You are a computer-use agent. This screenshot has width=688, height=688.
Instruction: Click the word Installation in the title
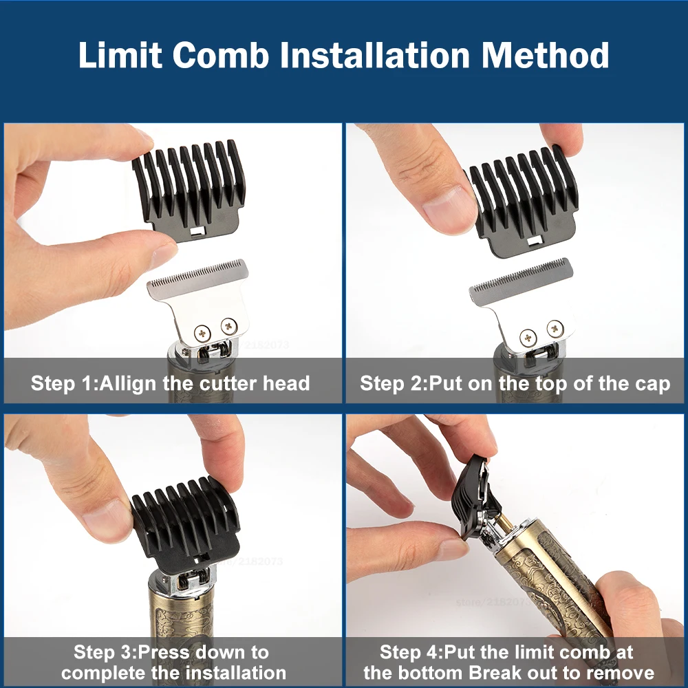tap(379, 55)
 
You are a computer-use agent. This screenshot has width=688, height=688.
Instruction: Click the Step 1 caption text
tap(170, 383)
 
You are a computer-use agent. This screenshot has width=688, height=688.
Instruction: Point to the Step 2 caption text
tap(515, 383)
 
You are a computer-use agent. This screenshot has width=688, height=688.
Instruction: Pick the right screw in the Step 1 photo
tap(228, 327)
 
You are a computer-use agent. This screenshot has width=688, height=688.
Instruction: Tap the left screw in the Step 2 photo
tap(528, 336)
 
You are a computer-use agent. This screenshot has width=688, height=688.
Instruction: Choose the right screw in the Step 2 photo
tap(554, 328)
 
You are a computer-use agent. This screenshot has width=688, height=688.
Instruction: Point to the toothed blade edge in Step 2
tap(519, 279)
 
